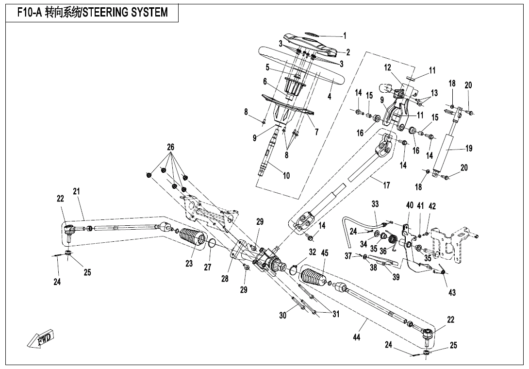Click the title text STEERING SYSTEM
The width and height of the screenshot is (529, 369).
tap(125, 13)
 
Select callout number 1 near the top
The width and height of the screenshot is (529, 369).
tap(345, 35)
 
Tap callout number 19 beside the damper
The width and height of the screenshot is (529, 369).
tap(469, 148)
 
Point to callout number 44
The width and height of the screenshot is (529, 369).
tap(356, 337)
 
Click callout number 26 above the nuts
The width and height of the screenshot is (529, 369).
tap(171, 147)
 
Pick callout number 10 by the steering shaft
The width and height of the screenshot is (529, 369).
tap(286, 176)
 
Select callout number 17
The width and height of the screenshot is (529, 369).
tap(386, 185)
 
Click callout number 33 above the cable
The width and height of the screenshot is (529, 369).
tap(375, 204)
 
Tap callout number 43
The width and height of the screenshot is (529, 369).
tap(452, 292)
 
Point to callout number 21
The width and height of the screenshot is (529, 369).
tap(77, 191)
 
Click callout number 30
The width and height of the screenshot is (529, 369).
tap(283, 315)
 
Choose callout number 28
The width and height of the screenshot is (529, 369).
tap(225, 279)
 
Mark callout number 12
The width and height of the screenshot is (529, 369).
tap(387, 68)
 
